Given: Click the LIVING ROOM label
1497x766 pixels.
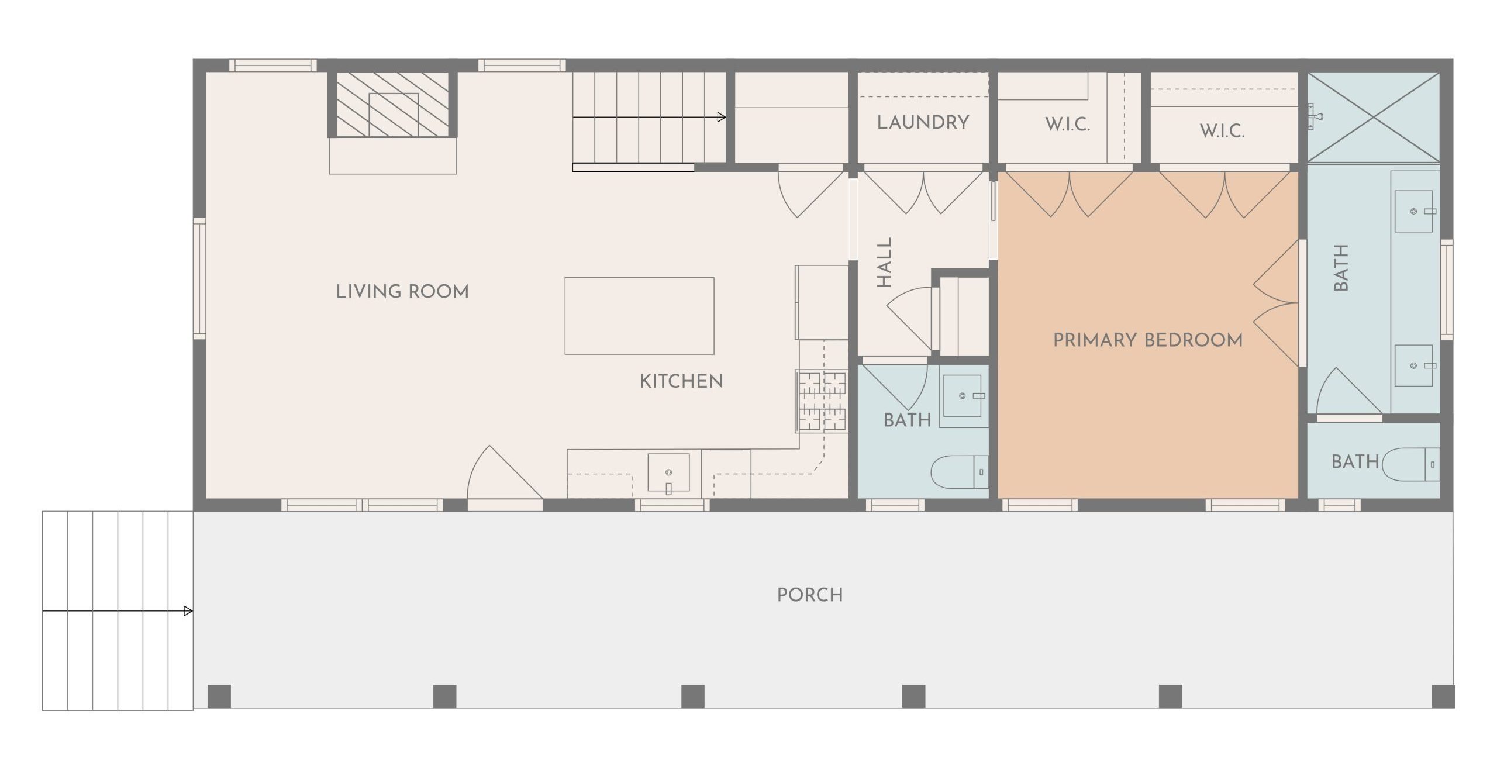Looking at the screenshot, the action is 402,291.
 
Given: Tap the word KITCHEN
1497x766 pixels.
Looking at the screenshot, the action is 681,381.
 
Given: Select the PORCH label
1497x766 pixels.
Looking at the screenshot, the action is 810,595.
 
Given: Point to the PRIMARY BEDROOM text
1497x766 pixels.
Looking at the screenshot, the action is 1148,340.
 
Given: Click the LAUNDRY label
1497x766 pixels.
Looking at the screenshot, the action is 923,122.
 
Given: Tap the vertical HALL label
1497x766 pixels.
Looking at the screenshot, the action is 884,262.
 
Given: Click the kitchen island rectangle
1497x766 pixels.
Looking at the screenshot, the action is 639,316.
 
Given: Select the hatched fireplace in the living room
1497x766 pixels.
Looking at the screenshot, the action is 393,104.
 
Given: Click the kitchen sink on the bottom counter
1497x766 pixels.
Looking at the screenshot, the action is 668,473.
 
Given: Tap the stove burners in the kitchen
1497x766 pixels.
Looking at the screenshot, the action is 822,401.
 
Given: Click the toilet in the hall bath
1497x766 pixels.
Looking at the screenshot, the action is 960,472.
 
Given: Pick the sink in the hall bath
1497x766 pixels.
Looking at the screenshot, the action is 962,396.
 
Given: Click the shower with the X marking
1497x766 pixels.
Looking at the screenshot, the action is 1374,117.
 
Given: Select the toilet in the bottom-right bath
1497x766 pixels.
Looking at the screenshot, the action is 1410,464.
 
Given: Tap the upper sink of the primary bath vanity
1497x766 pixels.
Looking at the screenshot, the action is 1413,211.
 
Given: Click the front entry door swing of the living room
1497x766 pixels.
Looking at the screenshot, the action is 505,472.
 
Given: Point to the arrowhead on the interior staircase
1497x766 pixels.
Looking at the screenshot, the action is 722,117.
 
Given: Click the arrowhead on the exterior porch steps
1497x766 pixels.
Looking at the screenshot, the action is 188,612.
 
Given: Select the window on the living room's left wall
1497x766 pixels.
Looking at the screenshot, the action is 199,279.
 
